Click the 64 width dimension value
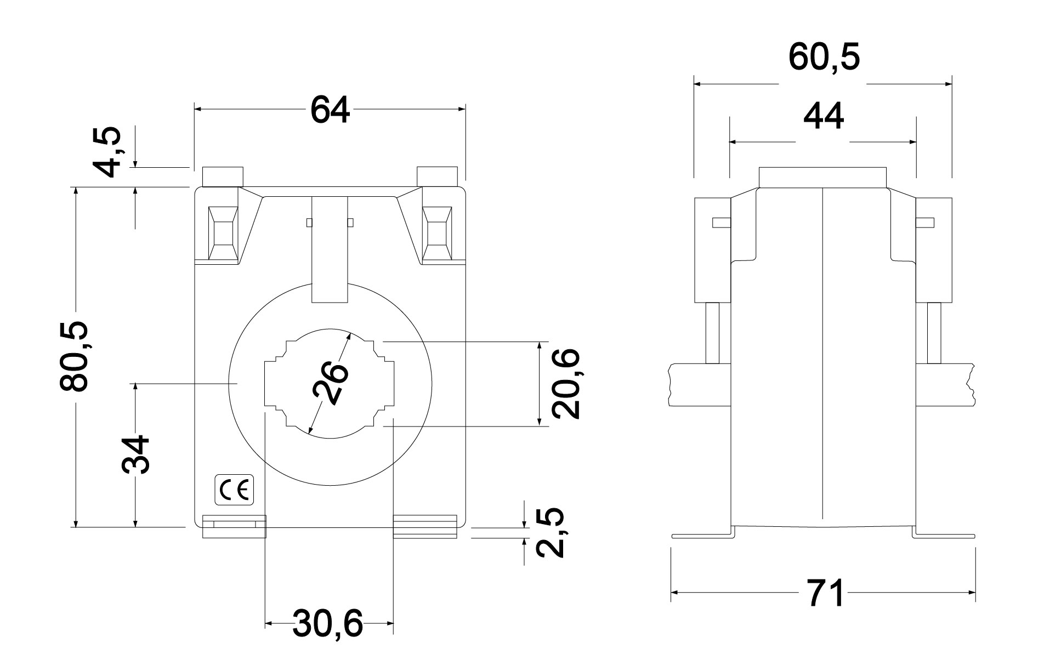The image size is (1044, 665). pyautogui.click(x=330, y=109)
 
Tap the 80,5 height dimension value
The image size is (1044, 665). pyautogui.click(x=73, y=356)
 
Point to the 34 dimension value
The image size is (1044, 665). pyautogui.click(x=135, y=455)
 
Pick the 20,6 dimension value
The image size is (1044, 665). pyautogui.click(x=565, y=384)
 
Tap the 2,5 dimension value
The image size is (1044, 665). pyautogui.click(x=549, y=532)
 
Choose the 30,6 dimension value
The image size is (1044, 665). pyautogui.click(x=327, y=623)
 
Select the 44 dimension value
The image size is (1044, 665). pyautogui.click(x=823, y=116)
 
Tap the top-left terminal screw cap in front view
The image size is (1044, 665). pyautogui.click(x=223, y=177)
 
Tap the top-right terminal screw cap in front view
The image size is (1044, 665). pyautogui.click(x=437, y=177)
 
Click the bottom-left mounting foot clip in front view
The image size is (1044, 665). pyautogui.click(x=234, y=526)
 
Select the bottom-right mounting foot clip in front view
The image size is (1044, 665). pyautogui.click(x=425, y=526)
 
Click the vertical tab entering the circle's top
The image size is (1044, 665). pyautogui.click(x=330, y=249)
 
